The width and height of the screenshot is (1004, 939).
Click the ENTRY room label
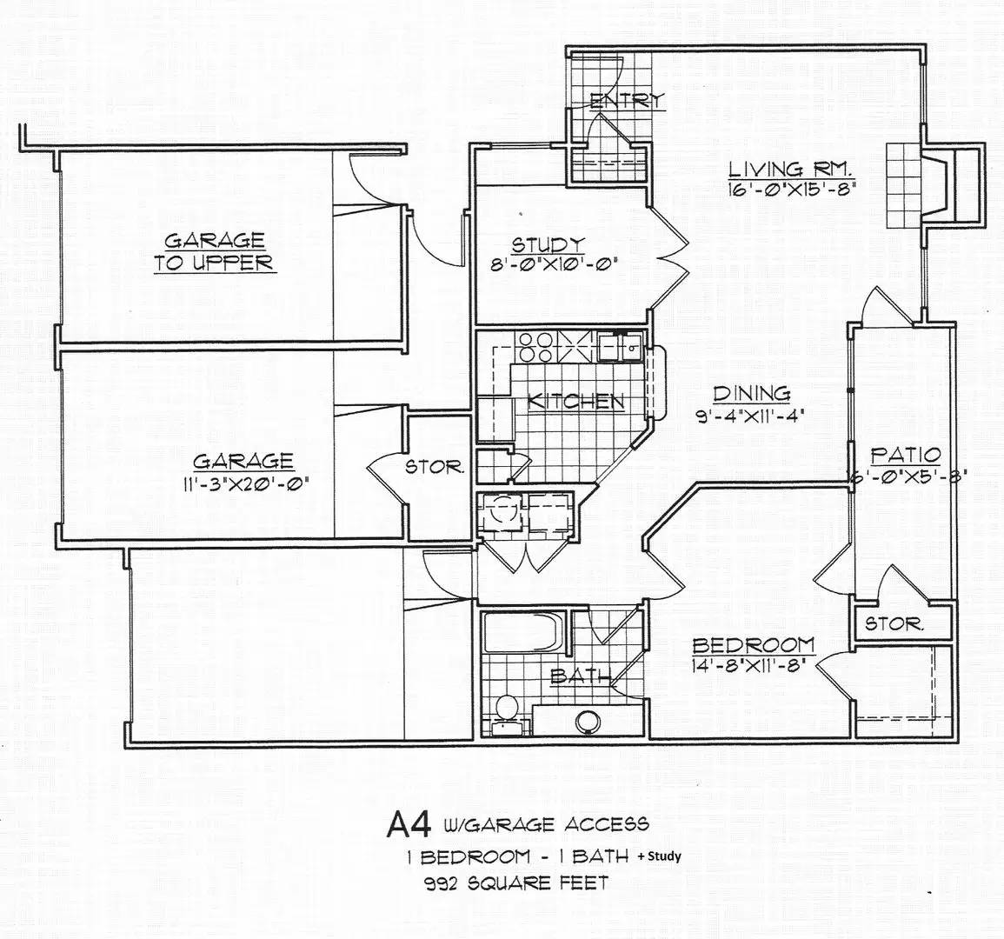pos(628,101)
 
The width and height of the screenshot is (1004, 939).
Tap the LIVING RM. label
pos(791,169)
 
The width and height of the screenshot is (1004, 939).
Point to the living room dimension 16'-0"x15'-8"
pos(792,189)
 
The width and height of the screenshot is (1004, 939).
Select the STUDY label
pos(549,244)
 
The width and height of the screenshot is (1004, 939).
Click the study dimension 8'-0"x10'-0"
pos(549,264)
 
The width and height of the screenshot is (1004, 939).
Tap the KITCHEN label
pos(575,402)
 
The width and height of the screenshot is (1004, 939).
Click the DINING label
pos(752,393)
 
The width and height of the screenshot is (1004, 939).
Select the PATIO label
pos(906,456)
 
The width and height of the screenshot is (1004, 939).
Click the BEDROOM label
pos(754,645)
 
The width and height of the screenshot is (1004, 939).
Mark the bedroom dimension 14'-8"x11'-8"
pos(748,665)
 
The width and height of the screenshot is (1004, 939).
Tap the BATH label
pos(579,676)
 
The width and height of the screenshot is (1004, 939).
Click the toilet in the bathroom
pos(508,714)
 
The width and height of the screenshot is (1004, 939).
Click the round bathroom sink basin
pos(587,722)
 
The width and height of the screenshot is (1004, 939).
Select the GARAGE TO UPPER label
pos(215,252)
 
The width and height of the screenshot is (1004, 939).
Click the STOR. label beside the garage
pos(435,467)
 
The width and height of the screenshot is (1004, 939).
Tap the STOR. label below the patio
pos(895,623)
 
